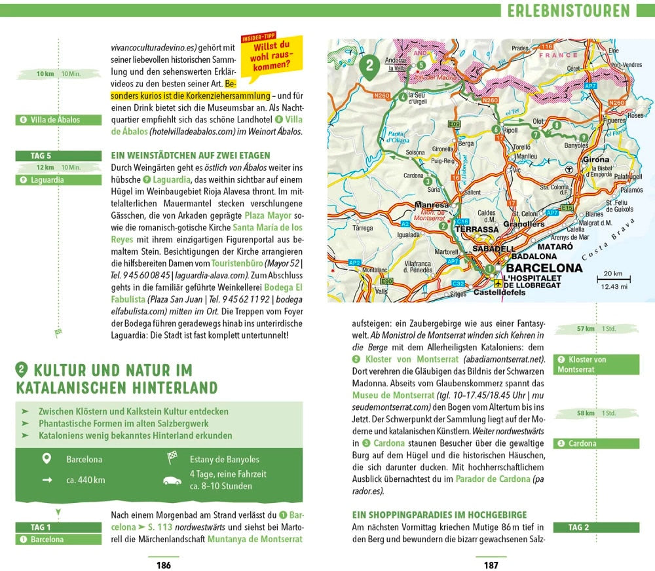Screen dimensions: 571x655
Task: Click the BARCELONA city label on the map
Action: (544, 268)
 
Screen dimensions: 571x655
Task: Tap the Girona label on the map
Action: (595, 159)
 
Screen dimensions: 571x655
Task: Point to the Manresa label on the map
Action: (432, 205)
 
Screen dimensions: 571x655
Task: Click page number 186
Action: (163, 565)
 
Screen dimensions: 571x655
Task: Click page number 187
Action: (491, 565)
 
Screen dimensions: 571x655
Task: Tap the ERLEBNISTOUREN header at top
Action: (569, 10)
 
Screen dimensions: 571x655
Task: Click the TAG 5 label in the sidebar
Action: (41, 156)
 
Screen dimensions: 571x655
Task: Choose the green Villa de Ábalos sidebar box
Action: (59, 120)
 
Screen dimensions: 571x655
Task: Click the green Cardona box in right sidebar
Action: (596, 443)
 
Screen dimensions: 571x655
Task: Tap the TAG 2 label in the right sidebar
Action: (578, 527)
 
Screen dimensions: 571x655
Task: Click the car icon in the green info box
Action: (172, 480)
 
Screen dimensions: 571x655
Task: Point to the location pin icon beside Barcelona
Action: (47, 459)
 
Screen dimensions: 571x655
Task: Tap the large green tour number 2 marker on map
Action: (369, 66)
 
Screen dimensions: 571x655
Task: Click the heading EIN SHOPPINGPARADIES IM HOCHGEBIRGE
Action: (440, 515)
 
